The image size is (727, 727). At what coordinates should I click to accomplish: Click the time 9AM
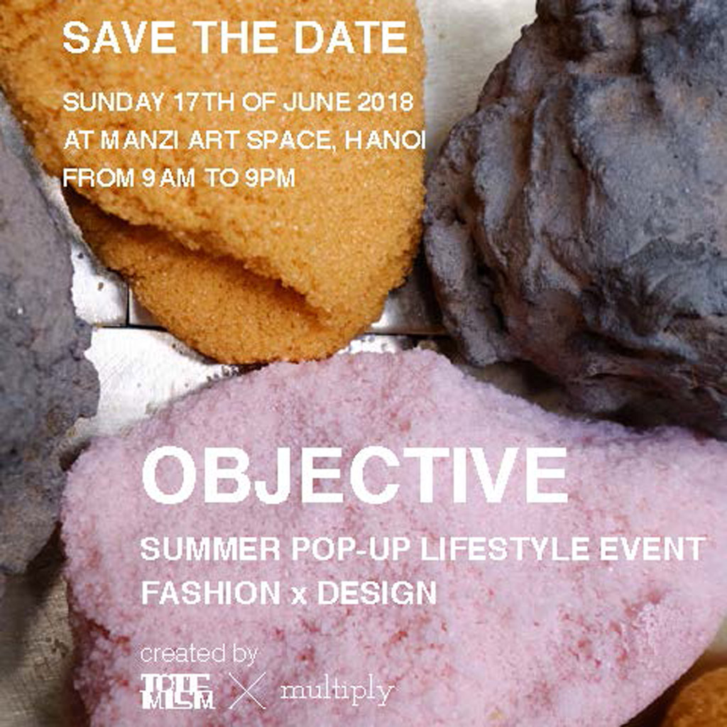168,178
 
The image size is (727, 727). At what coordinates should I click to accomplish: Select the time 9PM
270,178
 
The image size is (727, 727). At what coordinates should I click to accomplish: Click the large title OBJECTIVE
355,475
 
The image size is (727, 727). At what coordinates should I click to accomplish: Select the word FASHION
211,593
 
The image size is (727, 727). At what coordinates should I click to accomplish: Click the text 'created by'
199,655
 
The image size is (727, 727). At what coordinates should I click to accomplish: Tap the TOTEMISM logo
177,692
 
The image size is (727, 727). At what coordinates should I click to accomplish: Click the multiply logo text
337,692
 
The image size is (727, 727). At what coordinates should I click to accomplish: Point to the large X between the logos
248,691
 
